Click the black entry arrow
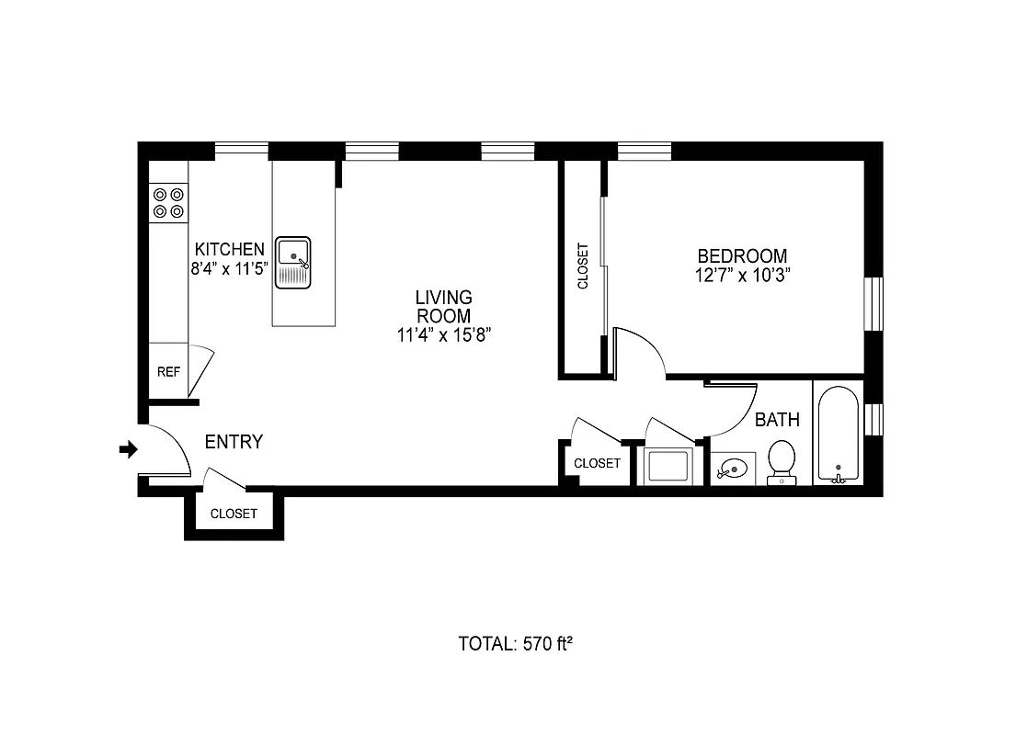pyautogui.click(x=129, y=449)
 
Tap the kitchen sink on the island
pyautogui.click(x=293, y=262)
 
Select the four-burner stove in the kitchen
pyautogui.click(x=168, y=203)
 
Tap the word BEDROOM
pyautogui.click(x=742, y=256)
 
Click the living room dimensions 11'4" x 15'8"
pyautogui.click(x=444, y=335)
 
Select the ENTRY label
pyautogui.click(x=234, y=442)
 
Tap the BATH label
pyautogui.click(x=777, y=420)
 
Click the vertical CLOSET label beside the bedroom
pyautogui.click(x=582, y=266)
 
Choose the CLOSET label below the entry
pyautogui.click(x=234, y=514)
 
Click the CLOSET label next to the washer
pyautogui.click(x=597, y=463)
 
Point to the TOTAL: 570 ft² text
pyautogui.click(x=515, y=643)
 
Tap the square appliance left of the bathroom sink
pyautogui.click(x=668, y=466)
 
